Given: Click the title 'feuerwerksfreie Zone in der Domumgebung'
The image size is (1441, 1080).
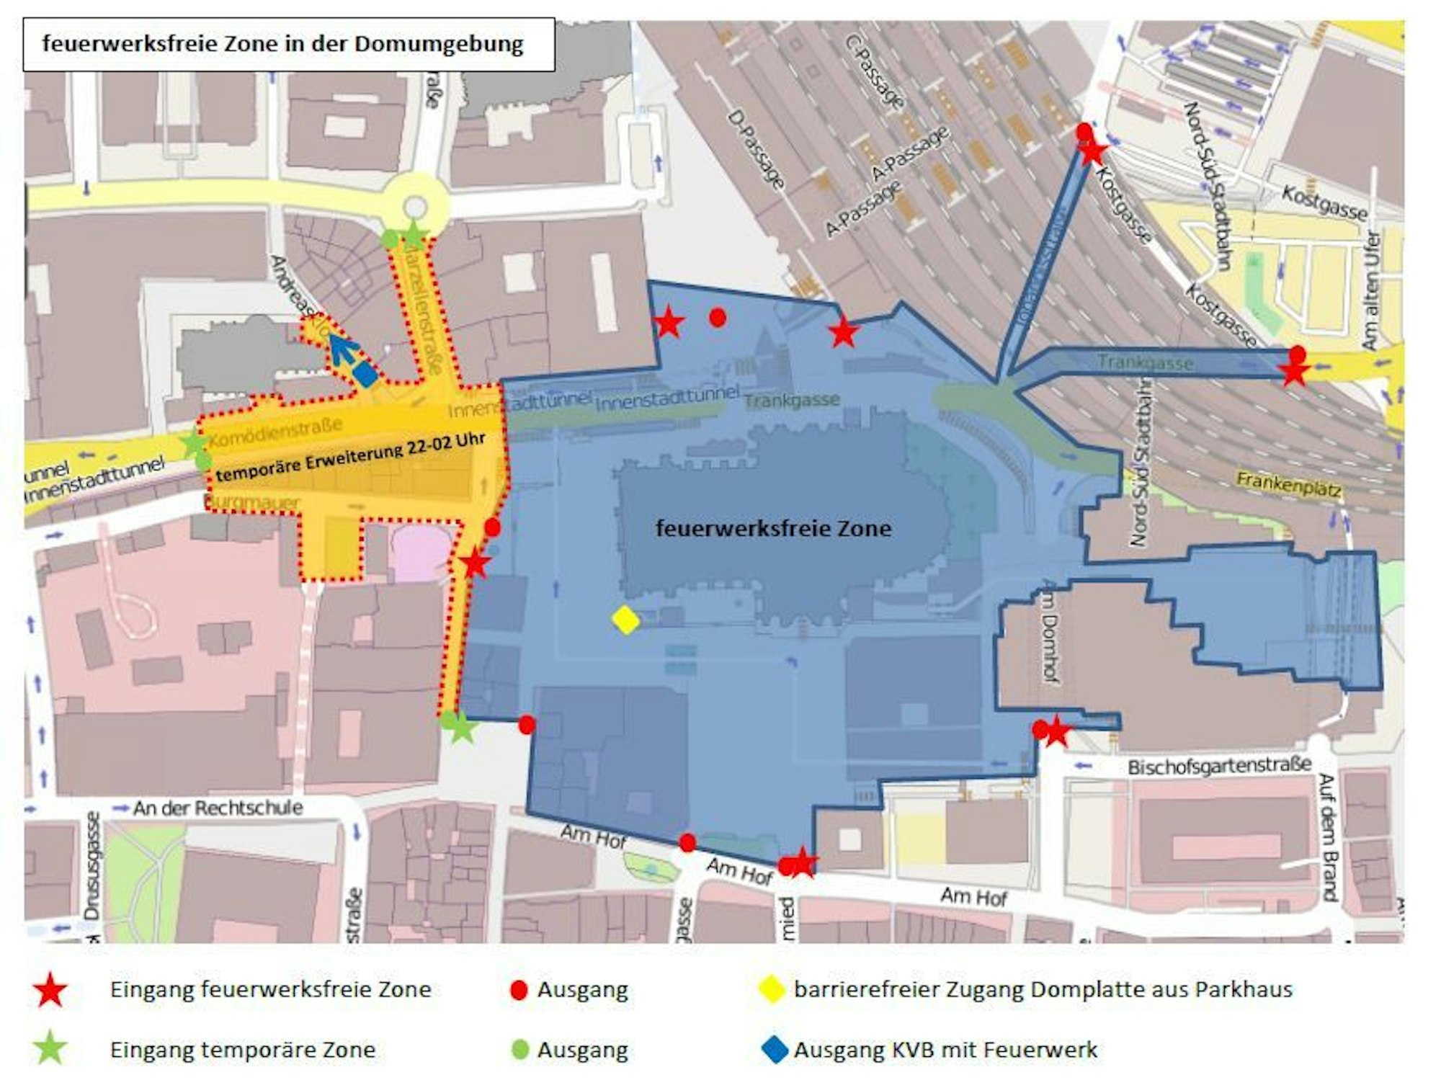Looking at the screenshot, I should pos(283,44).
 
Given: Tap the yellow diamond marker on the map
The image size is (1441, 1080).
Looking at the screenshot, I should pos(625,620).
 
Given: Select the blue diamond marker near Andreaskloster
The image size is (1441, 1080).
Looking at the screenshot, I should pos(366,375).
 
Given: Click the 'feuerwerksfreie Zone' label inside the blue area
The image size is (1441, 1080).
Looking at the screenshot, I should pos(773,529).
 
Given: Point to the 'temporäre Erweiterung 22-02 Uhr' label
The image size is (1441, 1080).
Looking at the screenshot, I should pos(350,458).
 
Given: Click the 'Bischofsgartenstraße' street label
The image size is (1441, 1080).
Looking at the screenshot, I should pos(1219,766).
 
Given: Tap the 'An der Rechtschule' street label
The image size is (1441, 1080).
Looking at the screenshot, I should pos(218,808).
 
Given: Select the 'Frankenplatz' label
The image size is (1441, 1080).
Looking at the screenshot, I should pos(1288,484).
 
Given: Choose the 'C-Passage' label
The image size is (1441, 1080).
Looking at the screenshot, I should pos(875,72).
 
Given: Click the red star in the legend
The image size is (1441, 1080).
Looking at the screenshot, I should pos(50,990).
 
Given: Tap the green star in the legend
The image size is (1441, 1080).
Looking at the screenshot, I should pos(50,1049).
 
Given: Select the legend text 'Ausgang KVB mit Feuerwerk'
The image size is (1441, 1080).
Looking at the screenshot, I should pos(945,1050).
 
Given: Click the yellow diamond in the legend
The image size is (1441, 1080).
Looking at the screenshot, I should pos(772,990).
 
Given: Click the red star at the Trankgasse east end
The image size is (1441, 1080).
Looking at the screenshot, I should pos(1294,372).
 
